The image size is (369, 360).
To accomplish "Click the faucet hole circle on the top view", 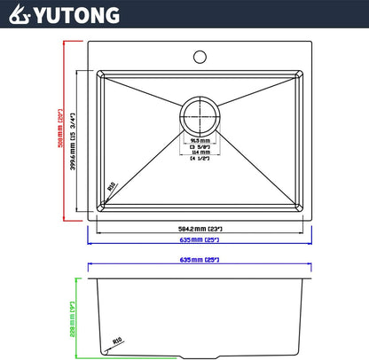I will click(x=200, y=58).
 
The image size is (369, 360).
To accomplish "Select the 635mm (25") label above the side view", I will click(x=200, y=261).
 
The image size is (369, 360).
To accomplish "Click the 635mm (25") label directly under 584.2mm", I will click(x=200, y=240).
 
